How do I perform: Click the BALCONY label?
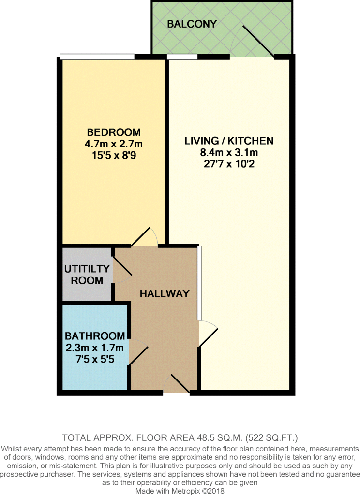click(192, 24)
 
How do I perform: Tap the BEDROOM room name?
click(114, 132)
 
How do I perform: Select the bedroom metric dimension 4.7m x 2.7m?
click(114, 144)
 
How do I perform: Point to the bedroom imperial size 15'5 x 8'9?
click(114, 155)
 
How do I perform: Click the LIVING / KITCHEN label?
click(229, 141)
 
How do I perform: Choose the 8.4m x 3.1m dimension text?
click(229, 152)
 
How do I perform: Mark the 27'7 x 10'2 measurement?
click(229, 164)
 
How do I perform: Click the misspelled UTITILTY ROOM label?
click(87, 275)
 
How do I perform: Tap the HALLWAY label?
click(165, 294)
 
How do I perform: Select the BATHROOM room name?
click(95, 336)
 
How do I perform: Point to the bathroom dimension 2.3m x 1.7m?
click(95, 348)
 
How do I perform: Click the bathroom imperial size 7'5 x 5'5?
click(95, 359)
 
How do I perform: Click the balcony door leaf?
click(258, 42)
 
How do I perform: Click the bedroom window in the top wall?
click(97, 57)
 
